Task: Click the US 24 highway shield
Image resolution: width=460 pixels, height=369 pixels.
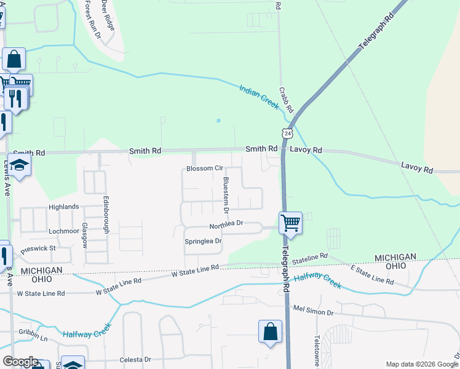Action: point(287,133)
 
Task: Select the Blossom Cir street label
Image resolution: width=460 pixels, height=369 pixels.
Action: point(204,168)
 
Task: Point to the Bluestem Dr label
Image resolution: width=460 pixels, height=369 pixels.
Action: point(226,195)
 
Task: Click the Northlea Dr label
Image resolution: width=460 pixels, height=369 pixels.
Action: point(226,224)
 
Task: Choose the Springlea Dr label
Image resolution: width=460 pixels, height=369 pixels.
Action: point(203,242)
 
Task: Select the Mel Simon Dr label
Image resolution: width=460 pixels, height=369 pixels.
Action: point(314,311)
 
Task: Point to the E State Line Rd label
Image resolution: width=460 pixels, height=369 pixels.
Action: point(372,275)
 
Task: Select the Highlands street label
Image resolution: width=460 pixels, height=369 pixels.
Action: point(64,207)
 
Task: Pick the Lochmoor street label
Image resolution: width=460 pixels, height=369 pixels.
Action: point(64,231)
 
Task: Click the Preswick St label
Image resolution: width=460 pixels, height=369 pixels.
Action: point(38,249)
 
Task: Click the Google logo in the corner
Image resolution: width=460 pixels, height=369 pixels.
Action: point(20,362)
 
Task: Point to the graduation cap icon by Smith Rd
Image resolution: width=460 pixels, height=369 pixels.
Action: point(20,165)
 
